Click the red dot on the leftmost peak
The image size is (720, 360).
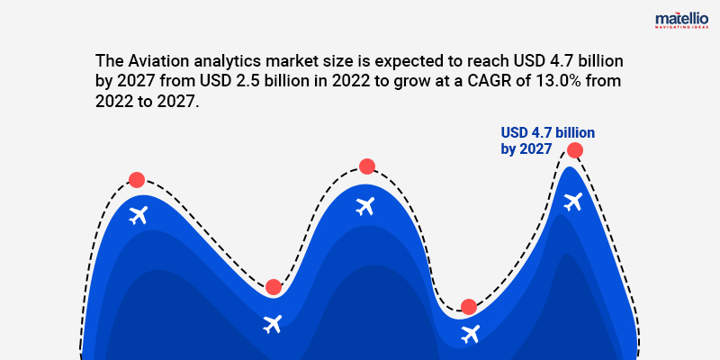(x=136, y=180)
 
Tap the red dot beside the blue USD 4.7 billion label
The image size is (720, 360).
(x=574, y=150)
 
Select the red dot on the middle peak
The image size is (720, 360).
(x=366, y=166)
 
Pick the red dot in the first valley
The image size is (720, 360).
(x=274, y=287)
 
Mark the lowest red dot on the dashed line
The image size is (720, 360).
(x=468, y=307)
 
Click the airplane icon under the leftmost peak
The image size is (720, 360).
(x=138, y=215)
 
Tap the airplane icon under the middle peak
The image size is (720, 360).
(x=364, y=206)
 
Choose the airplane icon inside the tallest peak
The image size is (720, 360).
(x=572, y=202)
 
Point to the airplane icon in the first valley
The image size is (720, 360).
(x=272, y=323)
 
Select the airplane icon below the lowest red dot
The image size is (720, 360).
(x=470, y=335)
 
